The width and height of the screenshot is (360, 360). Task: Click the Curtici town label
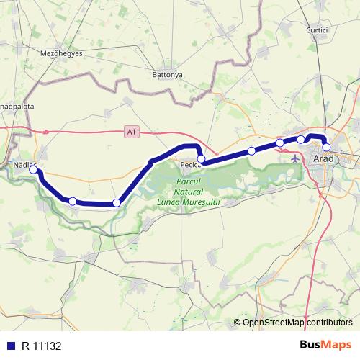(x=317, y=30)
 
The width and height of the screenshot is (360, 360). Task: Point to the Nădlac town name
(x=24, y=165)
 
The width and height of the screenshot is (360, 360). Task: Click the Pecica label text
(x=191, y=165)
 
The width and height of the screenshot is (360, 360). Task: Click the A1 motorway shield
(x=130, y=132)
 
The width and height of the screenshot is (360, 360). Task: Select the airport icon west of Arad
(x=297, y=157)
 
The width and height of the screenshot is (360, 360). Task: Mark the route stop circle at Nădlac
(x=33, y=171)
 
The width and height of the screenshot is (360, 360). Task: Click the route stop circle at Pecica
(x=202, y=158)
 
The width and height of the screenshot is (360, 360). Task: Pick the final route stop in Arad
(x=326, y=148)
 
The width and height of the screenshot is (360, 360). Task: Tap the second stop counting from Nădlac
(x=72, y=200)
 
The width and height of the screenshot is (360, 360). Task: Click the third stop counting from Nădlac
(x=116, y=203)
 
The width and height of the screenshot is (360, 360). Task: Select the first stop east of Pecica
(x=251, y=150)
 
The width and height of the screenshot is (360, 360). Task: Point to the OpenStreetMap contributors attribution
(x=297, y=322)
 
